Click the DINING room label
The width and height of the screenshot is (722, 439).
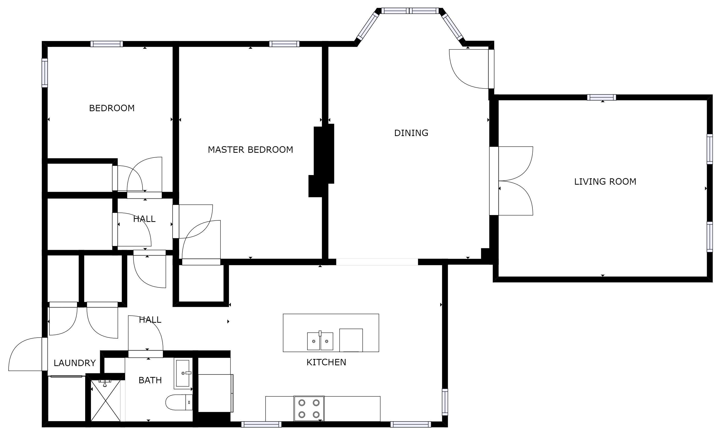tap(411, 133)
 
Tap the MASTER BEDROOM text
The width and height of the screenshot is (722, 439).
tap(250, 150)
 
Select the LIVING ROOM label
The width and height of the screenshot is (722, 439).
tap(605, 182)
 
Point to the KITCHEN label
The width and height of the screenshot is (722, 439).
tap(326, 362)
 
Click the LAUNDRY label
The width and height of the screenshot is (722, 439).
tap(75, 363)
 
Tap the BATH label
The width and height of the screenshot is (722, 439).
tap(150, 380)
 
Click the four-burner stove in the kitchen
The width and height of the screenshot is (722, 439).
tap(309, 409)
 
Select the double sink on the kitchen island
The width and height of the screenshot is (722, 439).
tap(320, 341)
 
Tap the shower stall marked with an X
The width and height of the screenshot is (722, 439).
tap(105, 401)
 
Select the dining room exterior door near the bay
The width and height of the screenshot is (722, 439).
tap(469, 69)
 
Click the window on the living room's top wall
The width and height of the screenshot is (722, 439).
tap(601, 97)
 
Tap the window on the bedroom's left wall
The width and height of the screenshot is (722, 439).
tap(45, 73)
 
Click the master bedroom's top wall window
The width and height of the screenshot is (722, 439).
tap(284, 44)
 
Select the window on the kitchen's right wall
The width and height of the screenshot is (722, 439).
tap(445, 402)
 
